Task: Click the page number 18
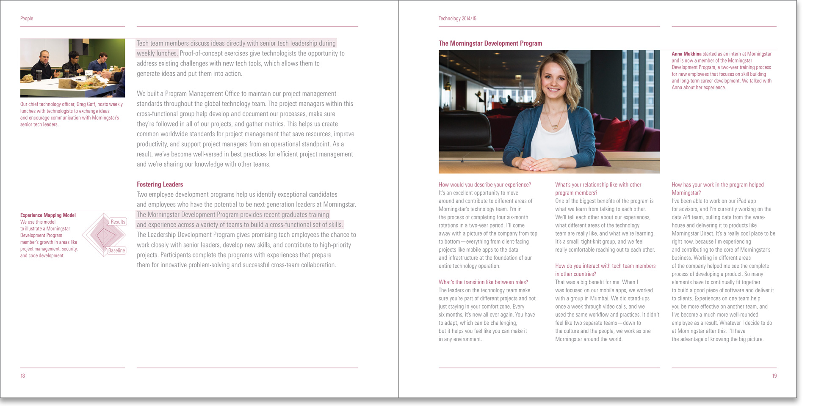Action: [22, 376]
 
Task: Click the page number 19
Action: [774, 376]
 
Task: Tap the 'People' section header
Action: [27, 19]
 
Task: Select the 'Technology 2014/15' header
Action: [457, 19]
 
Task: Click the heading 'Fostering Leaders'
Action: [160, 184]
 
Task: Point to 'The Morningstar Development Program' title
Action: [490, 43]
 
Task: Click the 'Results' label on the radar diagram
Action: [118, 222]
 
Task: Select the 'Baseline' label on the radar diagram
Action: [116, 250]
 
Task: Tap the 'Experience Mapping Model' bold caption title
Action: [48, 215]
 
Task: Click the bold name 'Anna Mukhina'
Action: [686, 54]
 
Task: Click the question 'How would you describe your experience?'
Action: [484, 185]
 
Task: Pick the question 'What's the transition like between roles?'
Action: [483, 282]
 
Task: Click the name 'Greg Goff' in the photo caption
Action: [86, 104]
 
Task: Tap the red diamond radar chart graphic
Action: [104, 235]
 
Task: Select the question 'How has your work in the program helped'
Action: [717, 185]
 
